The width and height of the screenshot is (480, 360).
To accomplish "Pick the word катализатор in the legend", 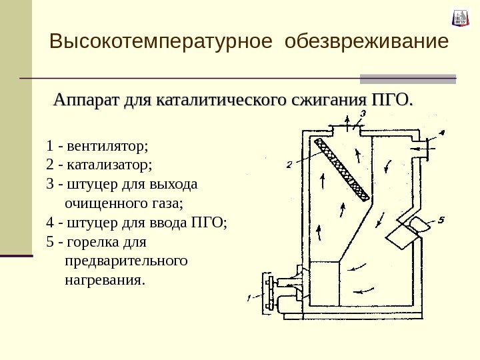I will [x=109, y=163].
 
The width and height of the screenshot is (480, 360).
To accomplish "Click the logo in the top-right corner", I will [x=459, y=18].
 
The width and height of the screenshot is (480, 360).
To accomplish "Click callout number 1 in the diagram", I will [x=249, y=298].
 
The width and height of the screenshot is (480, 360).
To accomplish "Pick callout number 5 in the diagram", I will [x=441, y=219].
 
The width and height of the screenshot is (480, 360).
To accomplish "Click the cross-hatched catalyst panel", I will [x=343, y=169].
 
